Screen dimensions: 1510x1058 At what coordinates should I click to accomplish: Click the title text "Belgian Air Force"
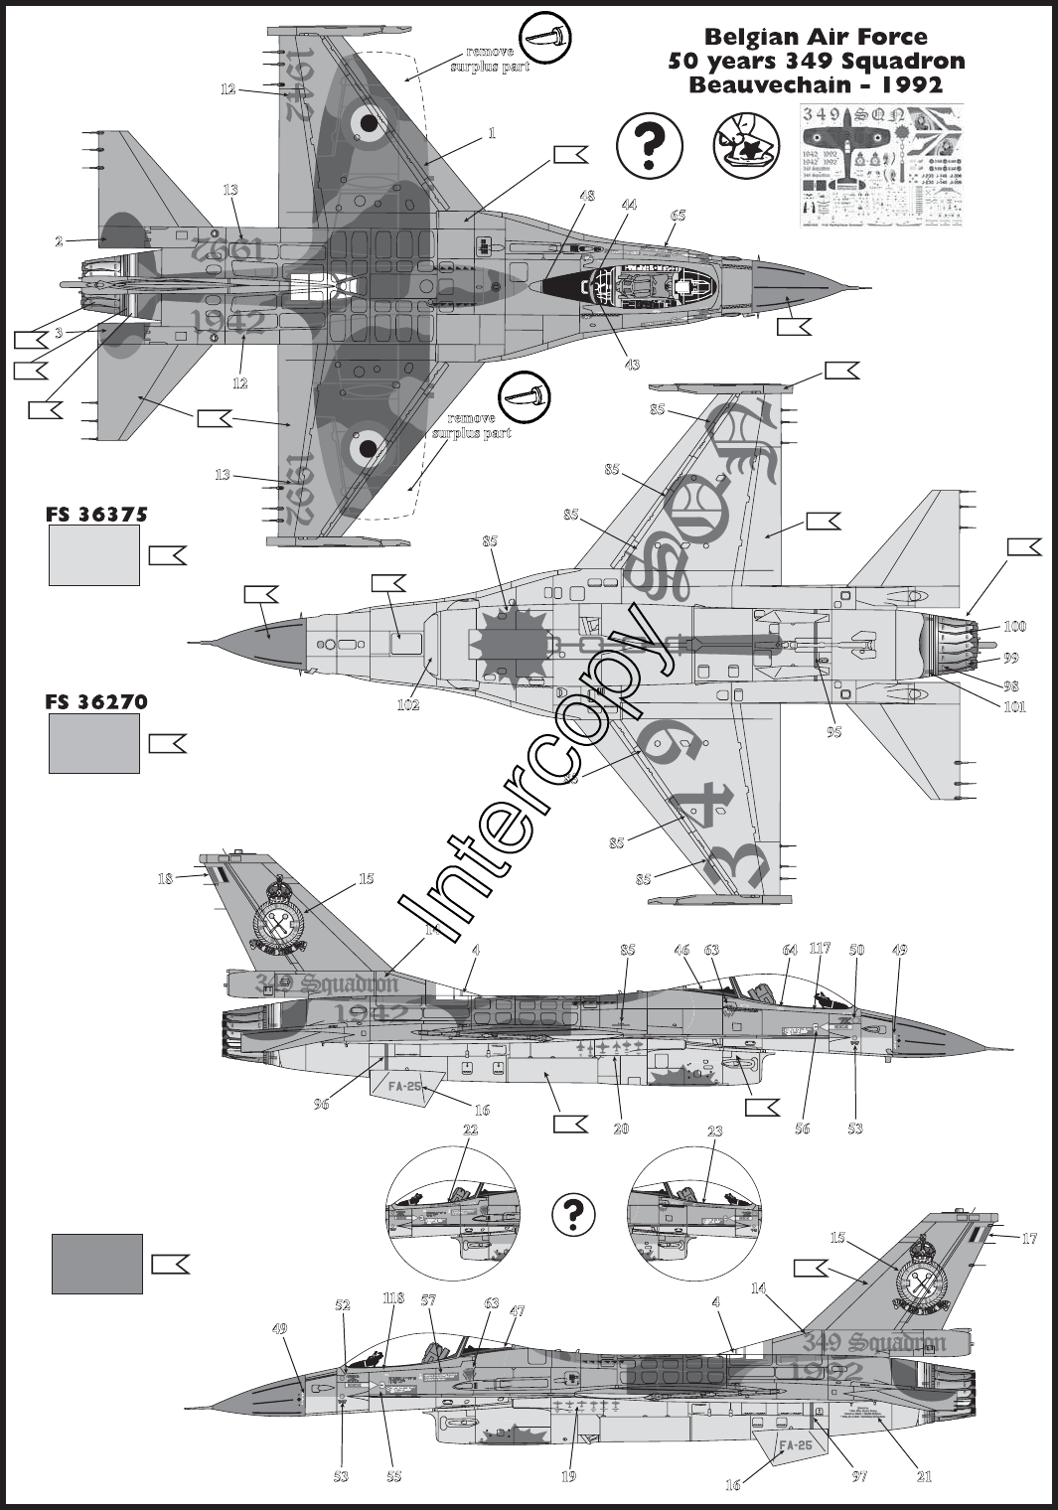pos(815,37)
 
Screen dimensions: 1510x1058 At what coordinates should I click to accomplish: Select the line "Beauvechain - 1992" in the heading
pos(815,84)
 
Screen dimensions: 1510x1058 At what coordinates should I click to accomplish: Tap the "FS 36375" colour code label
pos(96,515)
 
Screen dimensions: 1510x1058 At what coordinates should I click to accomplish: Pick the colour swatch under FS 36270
pos(94,744)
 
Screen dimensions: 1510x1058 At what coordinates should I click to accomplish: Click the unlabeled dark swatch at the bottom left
pos(97,1264)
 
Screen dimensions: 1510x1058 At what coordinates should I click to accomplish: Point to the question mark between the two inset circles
pos(572,1213)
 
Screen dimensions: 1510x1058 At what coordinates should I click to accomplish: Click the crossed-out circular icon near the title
pos(746,141)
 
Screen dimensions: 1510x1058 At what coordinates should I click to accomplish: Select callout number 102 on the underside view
pos(407,705)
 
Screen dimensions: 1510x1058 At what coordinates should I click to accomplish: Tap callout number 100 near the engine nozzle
pos(1014,627)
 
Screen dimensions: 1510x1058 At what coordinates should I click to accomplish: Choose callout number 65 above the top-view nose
pos(678,216)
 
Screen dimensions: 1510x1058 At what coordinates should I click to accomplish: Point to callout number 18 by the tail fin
pos(165,878)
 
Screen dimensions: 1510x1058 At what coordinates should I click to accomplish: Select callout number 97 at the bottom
pos(859,1476)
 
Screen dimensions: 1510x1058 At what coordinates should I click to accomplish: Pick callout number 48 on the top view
pos(587,196)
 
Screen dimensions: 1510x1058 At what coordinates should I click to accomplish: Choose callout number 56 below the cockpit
pos(802,1129)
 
